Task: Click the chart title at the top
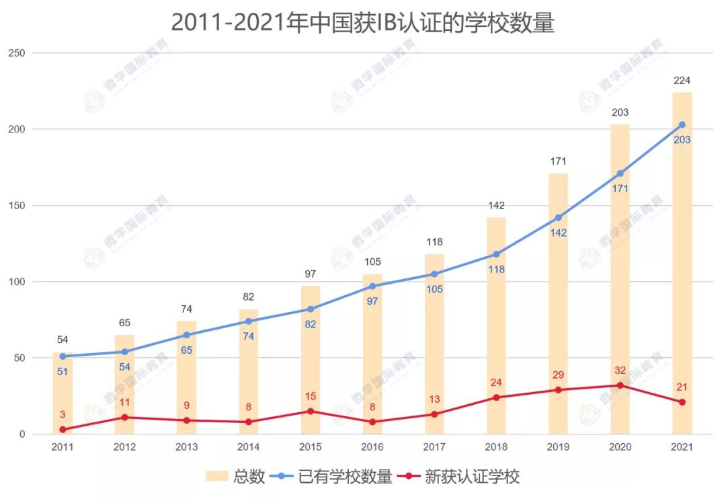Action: pos(363,22)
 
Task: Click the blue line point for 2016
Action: pos(372,286)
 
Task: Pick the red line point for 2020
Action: pos(620,385)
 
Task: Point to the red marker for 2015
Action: pos(311,411)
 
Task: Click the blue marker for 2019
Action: pos(558,218)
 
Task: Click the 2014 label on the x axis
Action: pos(248,447)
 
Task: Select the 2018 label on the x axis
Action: pos(496,447)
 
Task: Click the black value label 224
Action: pos(682,81)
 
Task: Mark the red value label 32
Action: pos(620,371)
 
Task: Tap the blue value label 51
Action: pos(63,371)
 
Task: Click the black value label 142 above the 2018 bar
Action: pos(496,206)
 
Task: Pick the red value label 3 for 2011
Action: pos(63,415)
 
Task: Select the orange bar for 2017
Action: pos(434,343)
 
